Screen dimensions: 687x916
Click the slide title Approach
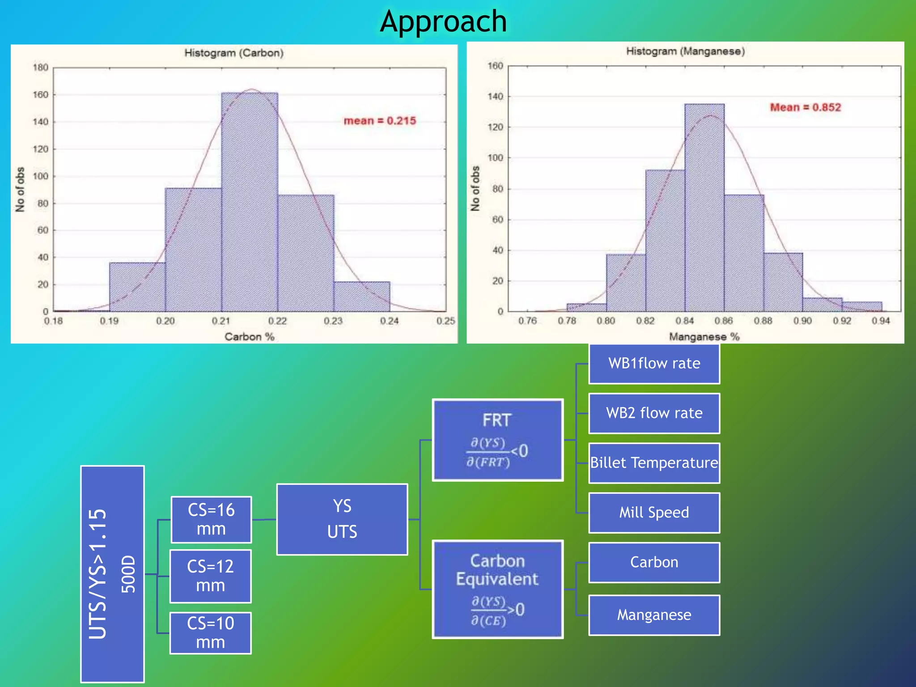[x=443, y=21]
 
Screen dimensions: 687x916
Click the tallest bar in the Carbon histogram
[x=249, y=201]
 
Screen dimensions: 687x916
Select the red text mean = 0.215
[x=379, y=121]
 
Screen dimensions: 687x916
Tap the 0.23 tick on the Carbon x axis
[x=333, y=321]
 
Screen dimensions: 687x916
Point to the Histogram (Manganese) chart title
[x=685, y=51]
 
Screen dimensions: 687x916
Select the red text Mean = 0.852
[x=805, y=107]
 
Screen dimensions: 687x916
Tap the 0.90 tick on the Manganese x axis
[x=802, y=321]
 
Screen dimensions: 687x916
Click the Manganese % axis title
[x=704, y=336]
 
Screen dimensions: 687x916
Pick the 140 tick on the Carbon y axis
[x=40, y=122]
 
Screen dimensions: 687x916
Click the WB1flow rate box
[x=654, y=363]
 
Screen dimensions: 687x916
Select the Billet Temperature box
[x=654, y=462]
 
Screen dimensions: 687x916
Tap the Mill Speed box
[x=654, y=513]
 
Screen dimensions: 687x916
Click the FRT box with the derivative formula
[x=497, y=440]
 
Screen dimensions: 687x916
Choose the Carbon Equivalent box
[x=497, y=589]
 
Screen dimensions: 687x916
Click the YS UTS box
[x=342, y=519]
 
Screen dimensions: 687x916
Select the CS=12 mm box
[x=211, y=576]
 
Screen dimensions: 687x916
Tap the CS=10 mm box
[x=211, y=632]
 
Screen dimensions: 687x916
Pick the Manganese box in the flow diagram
[x=654, y=615]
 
